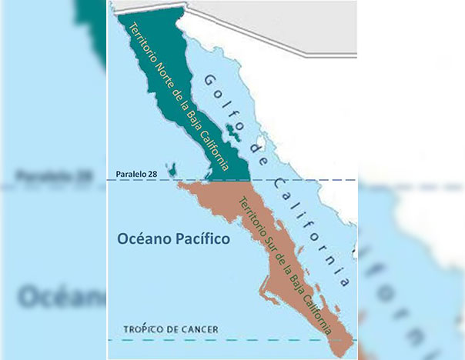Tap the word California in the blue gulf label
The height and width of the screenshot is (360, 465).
coord(308,223)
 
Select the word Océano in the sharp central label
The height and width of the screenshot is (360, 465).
coord(145,240)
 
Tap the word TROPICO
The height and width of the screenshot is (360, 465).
coord(143,329)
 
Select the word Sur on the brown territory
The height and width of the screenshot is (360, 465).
coord(276,250)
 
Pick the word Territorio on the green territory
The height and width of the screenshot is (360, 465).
coord(144,37)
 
